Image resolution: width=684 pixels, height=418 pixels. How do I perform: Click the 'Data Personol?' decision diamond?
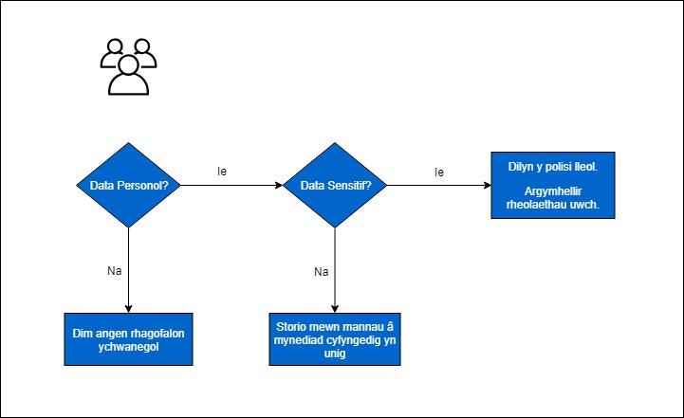click(128, 185)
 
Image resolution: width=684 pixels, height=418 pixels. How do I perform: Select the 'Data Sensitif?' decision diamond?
click(335, 185)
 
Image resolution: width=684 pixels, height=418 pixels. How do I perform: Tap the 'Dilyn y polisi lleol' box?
click(553, 185)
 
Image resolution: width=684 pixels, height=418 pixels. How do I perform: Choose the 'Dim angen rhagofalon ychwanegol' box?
click(128, 339)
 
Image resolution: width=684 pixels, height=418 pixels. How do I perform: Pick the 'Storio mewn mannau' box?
click(335, 339)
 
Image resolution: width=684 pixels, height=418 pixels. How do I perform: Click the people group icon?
click(128, 66)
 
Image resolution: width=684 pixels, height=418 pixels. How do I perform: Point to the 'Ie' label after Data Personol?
click(222, 172)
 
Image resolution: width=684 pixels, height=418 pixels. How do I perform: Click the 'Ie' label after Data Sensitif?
click(439, 173)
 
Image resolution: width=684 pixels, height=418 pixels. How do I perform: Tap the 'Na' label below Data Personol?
click(114, 271)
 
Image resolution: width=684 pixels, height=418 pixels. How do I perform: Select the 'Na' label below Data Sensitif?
click(321, 271)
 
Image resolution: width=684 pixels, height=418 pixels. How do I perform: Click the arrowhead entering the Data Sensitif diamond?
click(279, 185)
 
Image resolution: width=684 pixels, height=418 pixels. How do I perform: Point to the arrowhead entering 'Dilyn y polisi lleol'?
click(488, 185)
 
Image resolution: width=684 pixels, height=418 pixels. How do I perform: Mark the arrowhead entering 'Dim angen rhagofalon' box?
click(128, 309)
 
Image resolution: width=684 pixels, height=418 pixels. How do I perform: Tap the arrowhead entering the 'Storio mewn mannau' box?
click(335, 309)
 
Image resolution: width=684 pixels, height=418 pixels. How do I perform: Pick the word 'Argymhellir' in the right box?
click(553, 191)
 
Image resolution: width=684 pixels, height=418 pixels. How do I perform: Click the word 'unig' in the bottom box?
click(335, 353)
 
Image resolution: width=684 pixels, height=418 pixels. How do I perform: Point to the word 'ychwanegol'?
click(128, 347)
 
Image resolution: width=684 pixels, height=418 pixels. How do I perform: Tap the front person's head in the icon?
click(128, 64)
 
